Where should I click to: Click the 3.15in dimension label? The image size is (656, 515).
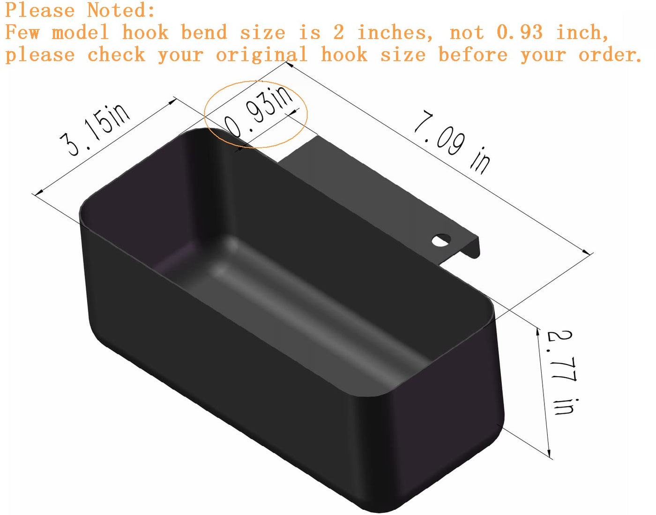pyautogui.click(x=95, y=130)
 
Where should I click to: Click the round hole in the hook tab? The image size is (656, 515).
pyautogui.click(x=441, y=240)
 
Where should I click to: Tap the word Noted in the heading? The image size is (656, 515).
pyautogui.click(x=121, y=10)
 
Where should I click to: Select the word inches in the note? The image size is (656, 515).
pyautogui.click(x=395, y=32)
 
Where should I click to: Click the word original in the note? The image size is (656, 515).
pyautogui.click(x=262, y=54)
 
